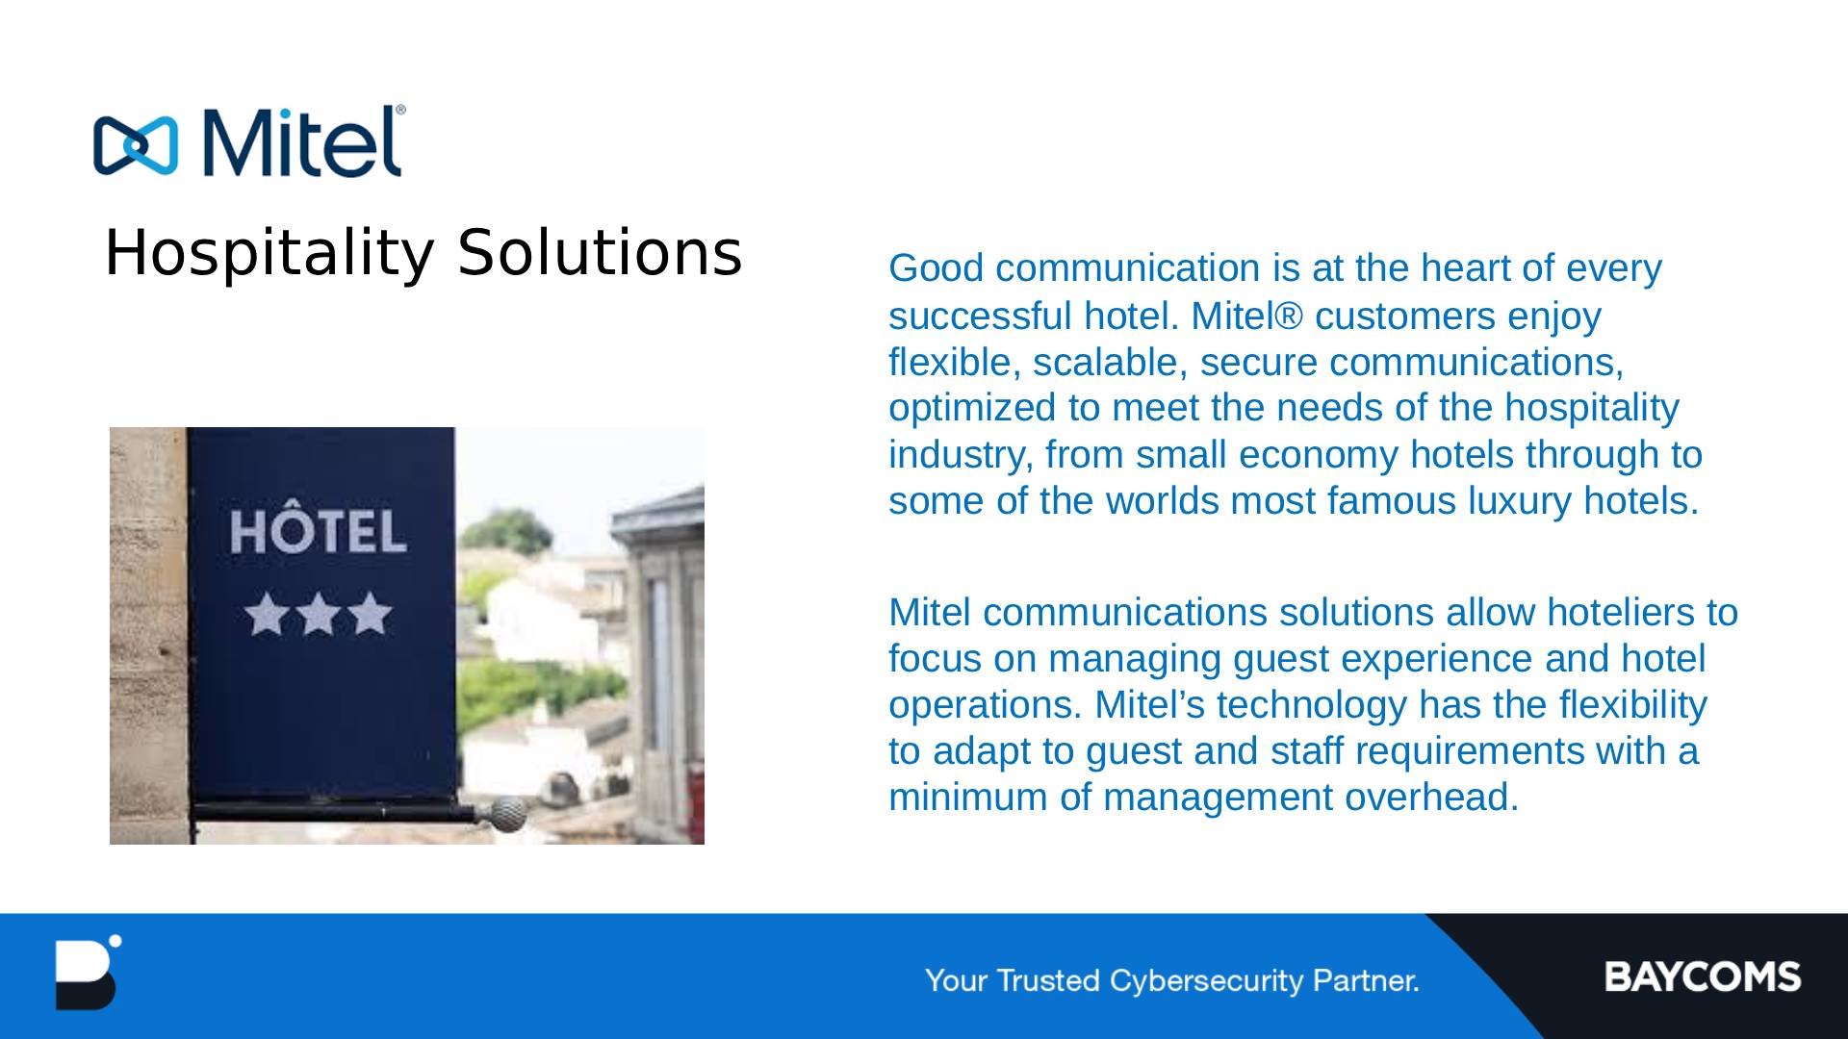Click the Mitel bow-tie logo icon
(x=136, y=146)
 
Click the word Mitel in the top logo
(x=300, y=141)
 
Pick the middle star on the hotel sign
(x=319, y=615)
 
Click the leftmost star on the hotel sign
(x=268, y=615)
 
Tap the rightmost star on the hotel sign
(x=370, y=615)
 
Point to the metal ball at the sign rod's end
(x=508, y=814)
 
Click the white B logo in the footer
(x=87, y=973)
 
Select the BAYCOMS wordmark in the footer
(x=1702, y=976)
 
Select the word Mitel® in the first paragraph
(x=1247, y=316)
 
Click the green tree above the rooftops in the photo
(x=522, y=531)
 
